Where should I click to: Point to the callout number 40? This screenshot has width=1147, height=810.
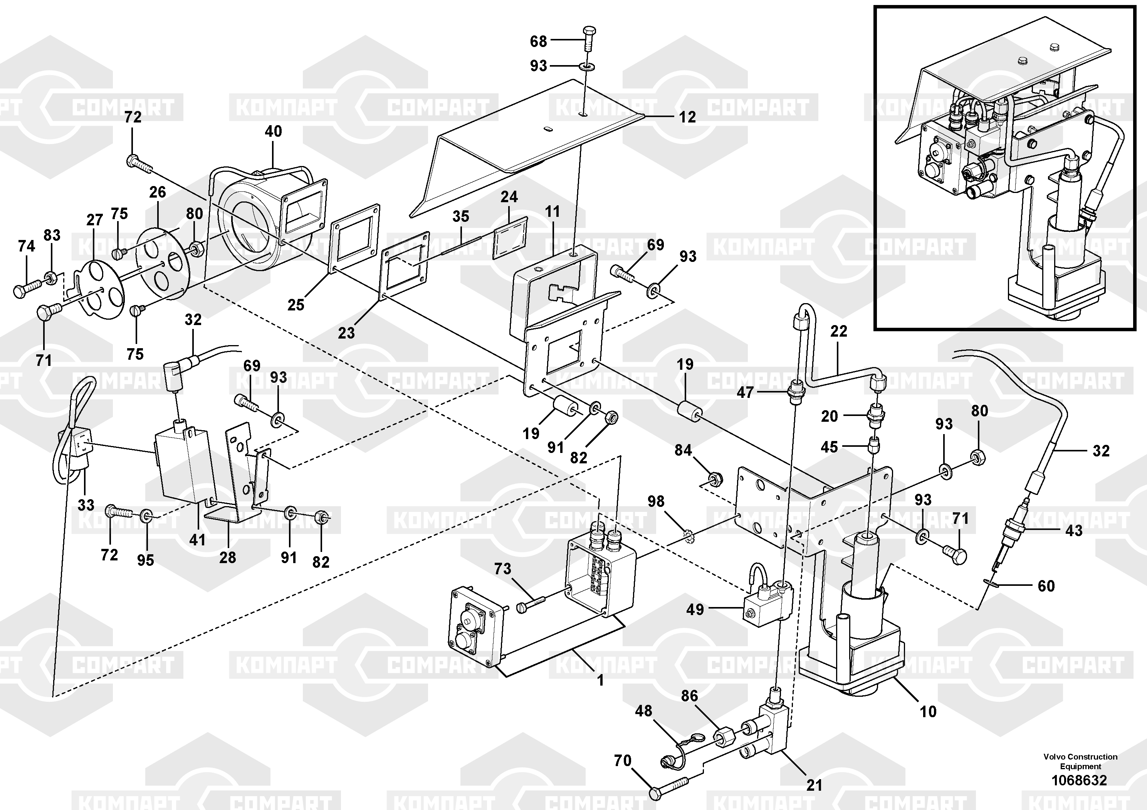[x=273, y=131]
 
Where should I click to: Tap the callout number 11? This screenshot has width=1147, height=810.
[x=553, y=212]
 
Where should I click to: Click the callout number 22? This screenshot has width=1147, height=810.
[x=839, y=331]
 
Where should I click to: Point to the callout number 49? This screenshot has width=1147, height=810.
[x=695, y=609]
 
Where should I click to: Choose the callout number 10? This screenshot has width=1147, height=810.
[x=928, y=712]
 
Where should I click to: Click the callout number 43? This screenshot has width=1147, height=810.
[x=1074, y=530]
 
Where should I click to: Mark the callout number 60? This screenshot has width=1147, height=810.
[x=1046, y=586]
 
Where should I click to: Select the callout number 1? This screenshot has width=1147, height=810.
[x=601, y=680]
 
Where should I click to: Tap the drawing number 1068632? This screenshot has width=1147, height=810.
[x=1080, y=781]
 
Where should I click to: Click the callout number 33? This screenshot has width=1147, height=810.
[x=86, y=505]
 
